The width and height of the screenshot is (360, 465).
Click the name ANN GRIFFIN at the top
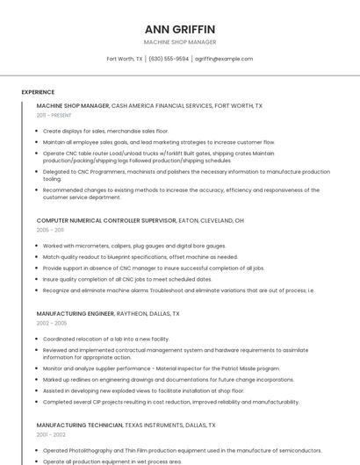(179, 29)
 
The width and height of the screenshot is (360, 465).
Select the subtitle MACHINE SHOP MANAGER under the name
(179, 42)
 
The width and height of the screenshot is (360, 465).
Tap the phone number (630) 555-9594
(169, 59)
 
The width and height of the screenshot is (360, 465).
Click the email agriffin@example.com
(224, 59)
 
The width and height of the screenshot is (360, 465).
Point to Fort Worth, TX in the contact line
(124, 59)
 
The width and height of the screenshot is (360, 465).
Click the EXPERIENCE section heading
(38, 92)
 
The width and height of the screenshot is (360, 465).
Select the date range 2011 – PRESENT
(54, 115)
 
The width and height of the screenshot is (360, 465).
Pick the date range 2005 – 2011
(49, 230)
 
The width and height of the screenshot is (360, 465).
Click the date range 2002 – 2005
(50, 323)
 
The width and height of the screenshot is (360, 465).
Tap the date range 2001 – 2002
(50, 434)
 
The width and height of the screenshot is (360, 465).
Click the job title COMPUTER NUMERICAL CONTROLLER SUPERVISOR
(105, 220)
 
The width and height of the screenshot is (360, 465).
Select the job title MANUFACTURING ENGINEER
(76, 313)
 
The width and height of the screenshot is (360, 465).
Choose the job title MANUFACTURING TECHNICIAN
(79, 425)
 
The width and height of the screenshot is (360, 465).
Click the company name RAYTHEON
(133, 313)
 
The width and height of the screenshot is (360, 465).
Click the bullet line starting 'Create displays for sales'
(105, 131)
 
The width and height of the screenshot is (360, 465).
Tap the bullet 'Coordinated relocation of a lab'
(106, 339)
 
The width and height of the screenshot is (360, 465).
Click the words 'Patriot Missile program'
(245, 368)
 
